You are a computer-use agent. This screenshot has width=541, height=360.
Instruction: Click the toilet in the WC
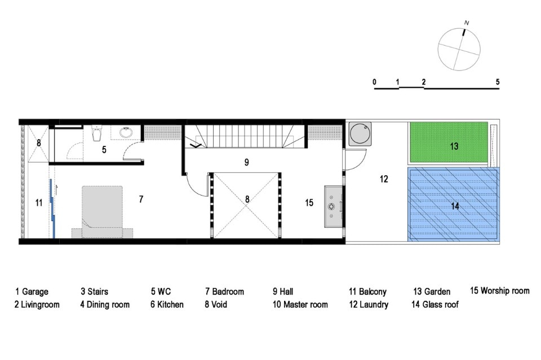96,133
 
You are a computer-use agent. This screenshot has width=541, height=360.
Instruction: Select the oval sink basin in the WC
126,132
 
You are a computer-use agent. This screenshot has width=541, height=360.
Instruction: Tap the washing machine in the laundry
360,134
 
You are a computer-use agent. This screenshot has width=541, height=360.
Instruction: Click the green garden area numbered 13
449,143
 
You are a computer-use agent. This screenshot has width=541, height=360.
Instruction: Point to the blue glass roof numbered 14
453,205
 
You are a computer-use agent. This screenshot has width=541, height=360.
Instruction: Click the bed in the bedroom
102,212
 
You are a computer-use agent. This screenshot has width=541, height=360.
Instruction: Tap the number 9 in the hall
246,162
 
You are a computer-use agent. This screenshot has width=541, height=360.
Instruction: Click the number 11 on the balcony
39,203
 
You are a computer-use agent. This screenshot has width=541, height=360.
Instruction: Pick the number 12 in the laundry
384,179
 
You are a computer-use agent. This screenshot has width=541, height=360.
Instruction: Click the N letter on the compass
467,23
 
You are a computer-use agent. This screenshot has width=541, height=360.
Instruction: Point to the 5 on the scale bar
498,82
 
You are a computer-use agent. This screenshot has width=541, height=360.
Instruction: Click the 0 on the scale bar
374,82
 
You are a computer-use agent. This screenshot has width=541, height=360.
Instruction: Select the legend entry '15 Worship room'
500,291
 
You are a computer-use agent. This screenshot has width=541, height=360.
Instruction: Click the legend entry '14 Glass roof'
435,304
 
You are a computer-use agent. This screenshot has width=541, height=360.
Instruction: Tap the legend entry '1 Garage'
32,292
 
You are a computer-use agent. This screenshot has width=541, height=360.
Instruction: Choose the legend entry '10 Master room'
300,304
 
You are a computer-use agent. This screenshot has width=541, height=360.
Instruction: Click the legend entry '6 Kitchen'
167,304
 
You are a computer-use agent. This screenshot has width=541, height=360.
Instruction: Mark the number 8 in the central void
247,199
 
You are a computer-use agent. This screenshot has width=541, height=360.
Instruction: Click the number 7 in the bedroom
141,199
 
